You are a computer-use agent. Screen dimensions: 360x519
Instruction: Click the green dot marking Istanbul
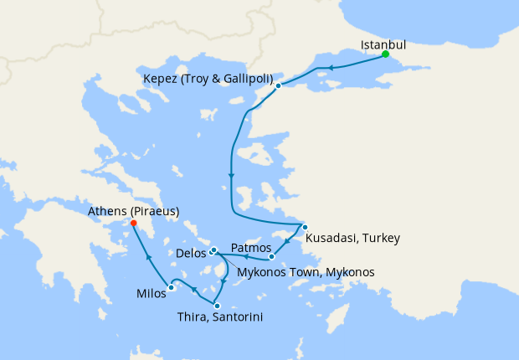click(x=385, y=55)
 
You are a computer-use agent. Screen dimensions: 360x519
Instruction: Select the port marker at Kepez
click(x=278, y=85)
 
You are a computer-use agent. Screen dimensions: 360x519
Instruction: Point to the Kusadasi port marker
click(x=305, y=228)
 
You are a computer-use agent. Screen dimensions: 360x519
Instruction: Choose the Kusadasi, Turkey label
click(x=352, y=239)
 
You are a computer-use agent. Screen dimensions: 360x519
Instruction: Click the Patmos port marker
click(x=271, y=257)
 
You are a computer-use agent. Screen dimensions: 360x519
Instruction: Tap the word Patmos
click(x=250, y=248)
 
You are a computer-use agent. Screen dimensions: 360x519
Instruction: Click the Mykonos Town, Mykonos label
click(x=306, y=272)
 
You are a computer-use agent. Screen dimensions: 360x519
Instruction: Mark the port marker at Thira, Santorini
click(x=217, y=306)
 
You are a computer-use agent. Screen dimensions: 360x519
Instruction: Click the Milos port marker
click(x=172, y=288)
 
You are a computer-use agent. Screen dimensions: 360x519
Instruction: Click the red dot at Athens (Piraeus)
click(x=133, y=223)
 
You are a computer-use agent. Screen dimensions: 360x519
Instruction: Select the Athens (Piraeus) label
click(x=133, y=212)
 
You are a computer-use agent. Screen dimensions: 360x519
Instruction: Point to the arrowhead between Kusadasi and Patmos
click(x=287, y=244)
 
